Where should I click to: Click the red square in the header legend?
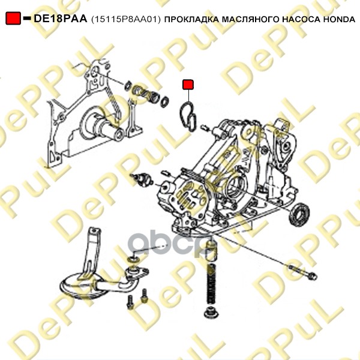(x=13, y=19)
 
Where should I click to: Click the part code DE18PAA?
(x=61, y=19)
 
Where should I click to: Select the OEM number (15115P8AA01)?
(x=126, y=19)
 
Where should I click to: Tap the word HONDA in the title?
(x=340, y=19)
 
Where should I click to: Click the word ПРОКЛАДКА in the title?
(x=192, y=20)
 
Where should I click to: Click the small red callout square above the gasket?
(x=188, y=85)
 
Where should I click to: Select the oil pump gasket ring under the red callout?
(x=188, y=117)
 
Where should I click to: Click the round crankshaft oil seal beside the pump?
(x=299, y=214)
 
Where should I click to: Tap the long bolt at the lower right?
(x=302, y=272)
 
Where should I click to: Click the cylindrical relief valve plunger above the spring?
(x=211, y=251)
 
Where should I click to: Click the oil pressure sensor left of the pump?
(x=142, y=179)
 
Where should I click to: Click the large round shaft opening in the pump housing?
(x=237, y=187)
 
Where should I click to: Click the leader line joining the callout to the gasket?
(x=188, y=96)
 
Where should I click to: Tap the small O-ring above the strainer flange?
(x=133, y=260)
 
